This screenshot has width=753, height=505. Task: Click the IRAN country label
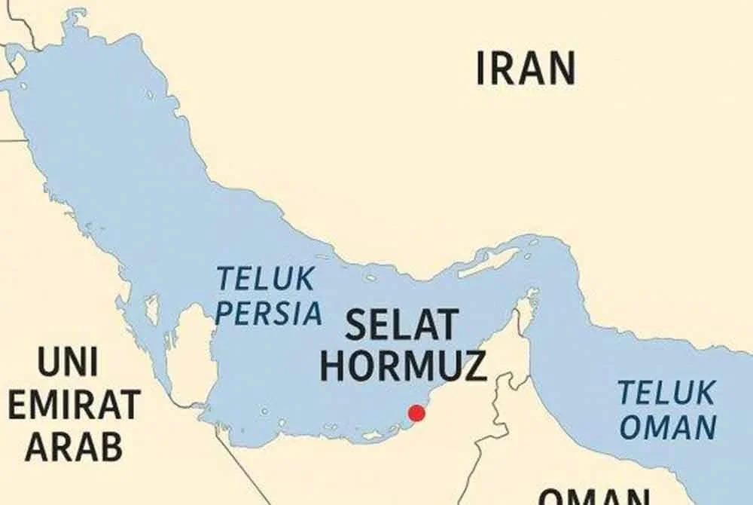pyautogui.click(x=526, y=68)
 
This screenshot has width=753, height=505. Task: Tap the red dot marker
pyautogui.click(x=416, y=413)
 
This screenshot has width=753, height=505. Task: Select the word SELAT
pyautogui.click(x=401, y=326)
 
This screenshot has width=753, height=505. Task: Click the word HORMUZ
pyautogui.click(x=403, y=366)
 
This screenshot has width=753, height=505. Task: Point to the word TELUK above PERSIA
pyautogui.click(x=265, y=280)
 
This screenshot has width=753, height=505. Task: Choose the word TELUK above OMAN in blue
pyautogui.click(x=666, y=393)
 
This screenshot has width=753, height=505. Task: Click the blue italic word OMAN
pyautogui.click(x=667, y=428)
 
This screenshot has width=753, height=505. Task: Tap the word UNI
pyautogui.click(x=67, y=364)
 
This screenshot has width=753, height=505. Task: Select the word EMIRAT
pyautogui.click(x=74, y=406)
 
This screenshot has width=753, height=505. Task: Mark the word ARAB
pyautogui.click(x=74, y=446)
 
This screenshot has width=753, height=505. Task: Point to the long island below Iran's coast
pyautogui.click(x=489, y=261)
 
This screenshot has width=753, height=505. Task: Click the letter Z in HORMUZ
pyautogui.click(x=474, y=366)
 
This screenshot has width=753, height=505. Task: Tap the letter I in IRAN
pyautogui.click(x=482, y=68)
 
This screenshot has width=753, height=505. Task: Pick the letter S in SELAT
pyautogui.click(x=354, y=326)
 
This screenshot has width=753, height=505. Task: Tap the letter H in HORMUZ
pyautogui.click(x=332, y=366)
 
